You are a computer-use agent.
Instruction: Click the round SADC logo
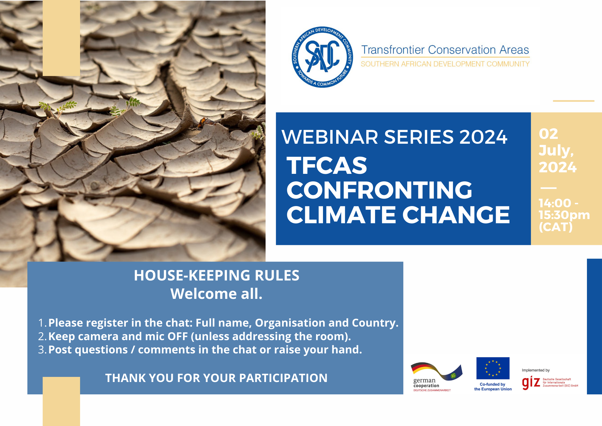[322, 57]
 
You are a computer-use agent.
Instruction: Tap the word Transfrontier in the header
[393, 50]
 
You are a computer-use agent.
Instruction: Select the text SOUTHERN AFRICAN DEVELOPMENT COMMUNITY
[445, 64]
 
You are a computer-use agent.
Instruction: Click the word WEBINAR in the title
[330, 137]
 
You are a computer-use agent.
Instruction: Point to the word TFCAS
[327, 165]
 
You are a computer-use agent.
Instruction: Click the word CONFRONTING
[379, 190]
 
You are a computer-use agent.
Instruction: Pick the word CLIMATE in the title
[341, 215]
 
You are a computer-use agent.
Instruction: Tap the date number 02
[548, 134]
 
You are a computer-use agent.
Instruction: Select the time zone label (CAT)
[556, 227]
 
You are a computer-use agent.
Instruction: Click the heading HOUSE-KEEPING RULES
[217, 275]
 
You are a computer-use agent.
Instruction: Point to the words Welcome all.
[216, 294]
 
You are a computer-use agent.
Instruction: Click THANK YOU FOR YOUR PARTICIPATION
[216, 378]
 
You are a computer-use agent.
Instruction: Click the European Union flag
[493, 368]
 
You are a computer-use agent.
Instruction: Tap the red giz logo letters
[531, 383]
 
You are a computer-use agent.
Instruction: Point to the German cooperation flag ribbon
[436, 371]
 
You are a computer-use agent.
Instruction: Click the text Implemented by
[536, 370]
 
